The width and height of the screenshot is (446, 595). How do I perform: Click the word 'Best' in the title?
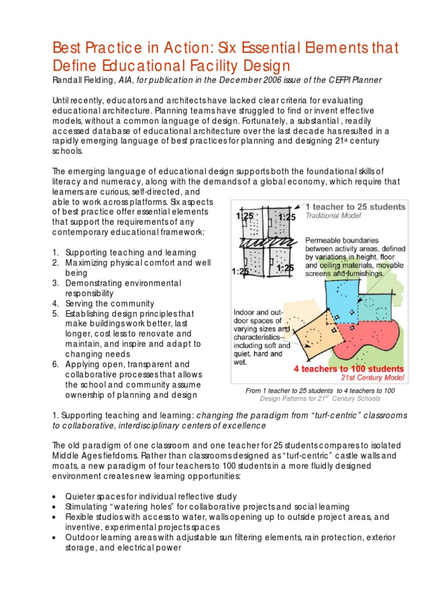67,46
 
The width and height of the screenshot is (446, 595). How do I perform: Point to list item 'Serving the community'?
110,303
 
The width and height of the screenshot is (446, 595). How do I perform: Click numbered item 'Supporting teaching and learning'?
131,253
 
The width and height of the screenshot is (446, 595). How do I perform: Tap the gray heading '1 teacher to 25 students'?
355,207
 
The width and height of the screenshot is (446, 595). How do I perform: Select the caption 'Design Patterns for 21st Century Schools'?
320,399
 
